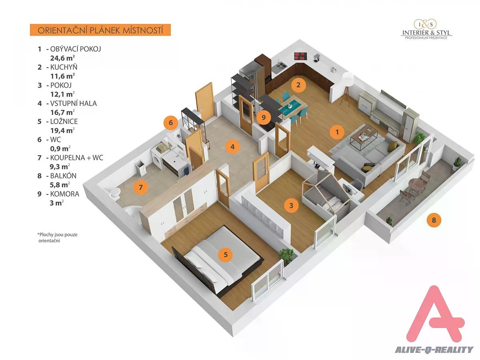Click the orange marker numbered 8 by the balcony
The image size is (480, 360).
coord(434,220)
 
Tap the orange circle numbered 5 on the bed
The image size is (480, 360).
coord(226,254)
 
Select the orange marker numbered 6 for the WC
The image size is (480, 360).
coord(171,123)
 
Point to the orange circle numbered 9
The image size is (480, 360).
coord(264,117)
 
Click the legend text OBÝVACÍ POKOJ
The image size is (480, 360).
coord(76,49)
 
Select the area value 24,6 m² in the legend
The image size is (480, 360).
coord(62,58)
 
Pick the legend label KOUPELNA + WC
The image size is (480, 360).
coord(76,158)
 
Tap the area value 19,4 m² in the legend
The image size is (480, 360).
coord(62,130)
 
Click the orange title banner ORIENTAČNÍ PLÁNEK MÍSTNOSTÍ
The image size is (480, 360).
coord(100,30)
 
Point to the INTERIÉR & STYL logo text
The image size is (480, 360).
coord(426,33)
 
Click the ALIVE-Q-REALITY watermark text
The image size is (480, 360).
coord(434,350)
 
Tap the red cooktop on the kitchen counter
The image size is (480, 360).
coord(301,56)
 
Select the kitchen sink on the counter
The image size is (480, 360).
coord(280,65)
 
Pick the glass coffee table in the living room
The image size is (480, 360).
coord(364,137)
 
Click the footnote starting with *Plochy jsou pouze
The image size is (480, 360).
coord(58,238)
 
